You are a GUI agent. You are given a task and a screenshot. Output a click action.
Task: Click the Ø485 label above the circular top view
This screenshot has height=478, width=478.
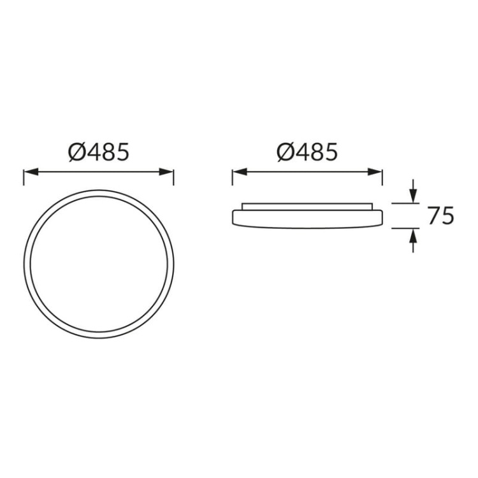pos(98,152)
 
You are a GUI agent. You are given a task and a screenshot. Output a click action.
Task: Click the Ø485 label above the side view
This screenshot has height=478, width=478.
pos(307,152)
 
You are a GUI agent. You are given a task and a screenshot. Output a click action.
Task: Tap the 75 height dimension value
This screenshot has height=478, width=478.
pos(440,216)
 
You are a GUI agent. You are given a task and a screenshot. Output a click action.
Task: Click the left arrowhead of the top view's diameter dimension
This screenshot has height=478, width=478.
pos(28,171)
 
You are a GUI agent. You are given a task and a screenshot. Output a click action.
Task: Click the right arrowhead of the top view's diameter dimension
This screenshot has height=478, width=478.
pos(168,171)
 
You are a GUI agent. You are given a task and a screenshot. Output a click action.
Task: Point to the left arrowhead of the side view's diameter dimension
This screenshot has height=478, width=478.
pos(237,171)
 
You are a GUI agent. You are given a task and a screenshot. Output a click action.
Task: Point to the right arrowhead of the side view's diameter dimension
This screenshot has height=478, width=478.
pos(377,171)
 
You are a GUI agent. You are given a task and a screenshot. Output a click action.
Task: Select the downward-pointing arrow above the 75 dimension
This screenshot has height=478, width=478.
pos(413,194)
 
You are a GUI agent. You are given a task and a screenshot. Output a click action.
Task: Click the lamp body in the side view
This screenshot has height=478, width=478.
pos(307,218)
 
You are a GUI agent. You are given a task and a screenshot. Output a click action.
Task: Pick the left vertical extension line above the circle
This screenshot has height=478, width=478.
pos(24,177)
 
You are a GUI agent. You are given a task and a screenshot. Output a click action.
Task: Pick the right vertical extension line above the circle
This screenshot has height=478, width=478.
pos(173,177)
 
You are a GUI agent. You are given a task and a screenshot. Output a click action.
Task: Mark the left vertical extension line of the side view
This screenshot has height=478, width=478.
pos(233,177)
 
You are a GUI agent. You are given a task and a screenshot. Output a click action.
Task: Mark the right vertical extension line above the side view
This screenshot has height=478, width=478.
pos(382,177)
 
